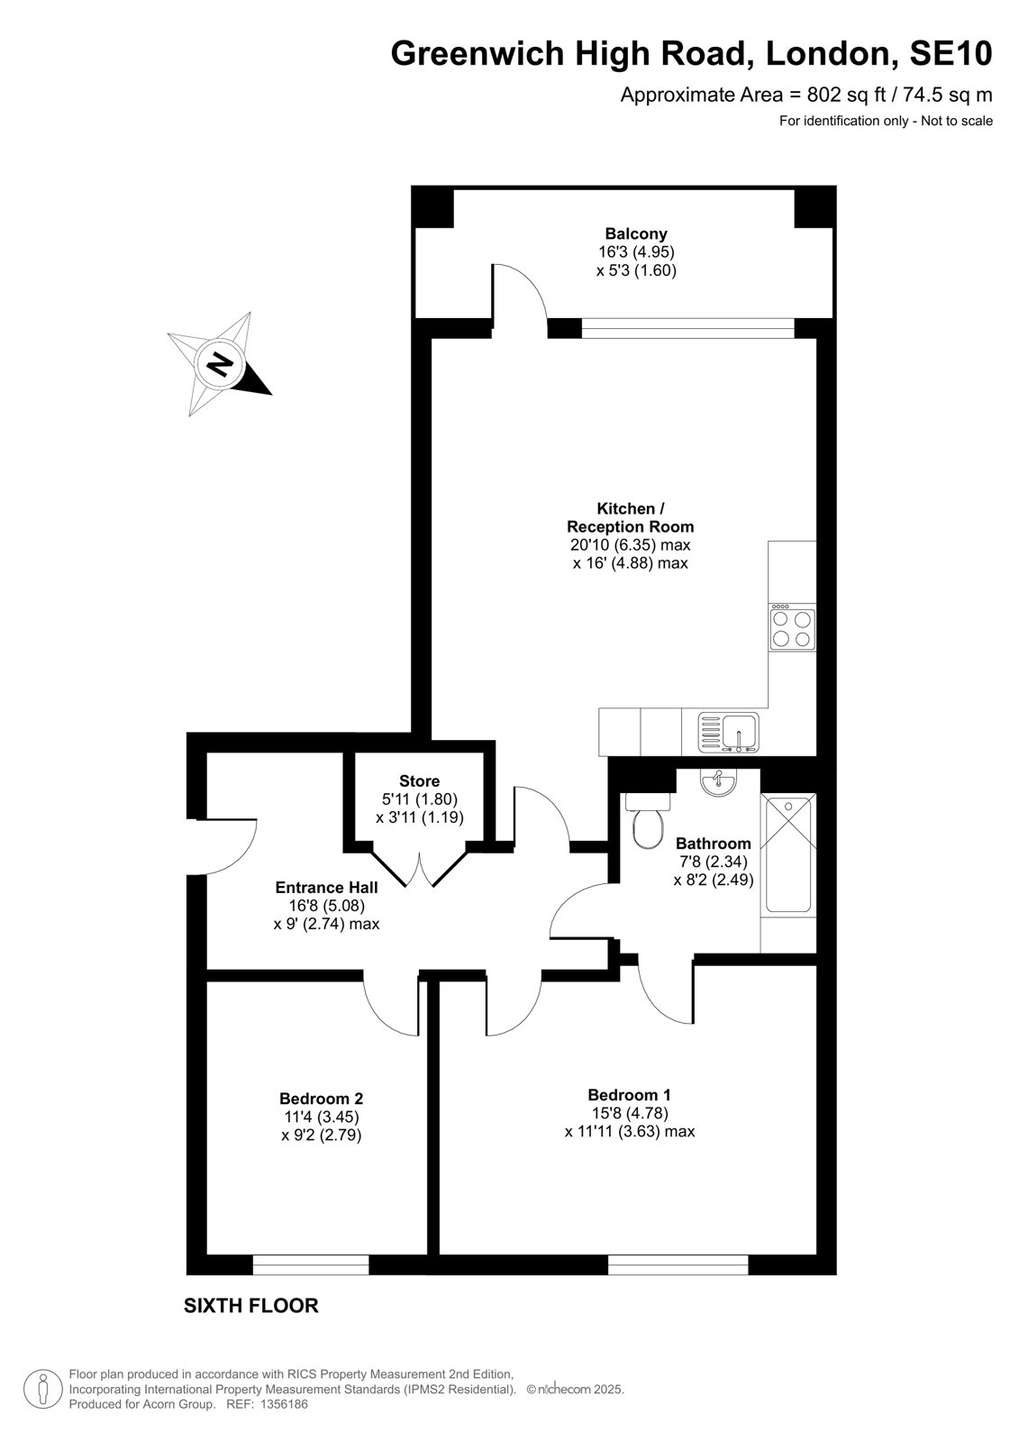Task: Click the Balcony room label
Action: click(x=635, y=233)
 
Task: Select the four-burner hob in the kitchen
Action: click(x=793, y=628)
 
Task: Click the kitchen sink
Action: click(x=729, y=733)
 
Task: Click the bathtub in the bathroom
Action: click(x=788, y=855)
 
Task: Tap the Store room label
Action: click(x=420, y=780)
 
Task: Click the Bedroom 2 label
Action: click(x=322, y=1099)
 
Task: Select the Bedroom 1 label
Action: click(x=630, y=1094)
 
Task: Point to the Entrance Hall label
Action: click(x=326, y=887)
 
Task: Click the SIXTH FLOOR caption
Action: click(x=251, y=1306)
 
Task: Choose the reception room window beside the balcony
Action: click(x=688, y=328)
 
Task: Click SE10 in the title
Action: click(x=951, y=53)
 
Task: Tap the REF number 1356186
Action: click(x=283, y=1404)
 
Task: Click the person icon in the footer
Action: click(x=43, y=1389)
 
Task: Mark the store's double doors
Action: click(x=420, y=868)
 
